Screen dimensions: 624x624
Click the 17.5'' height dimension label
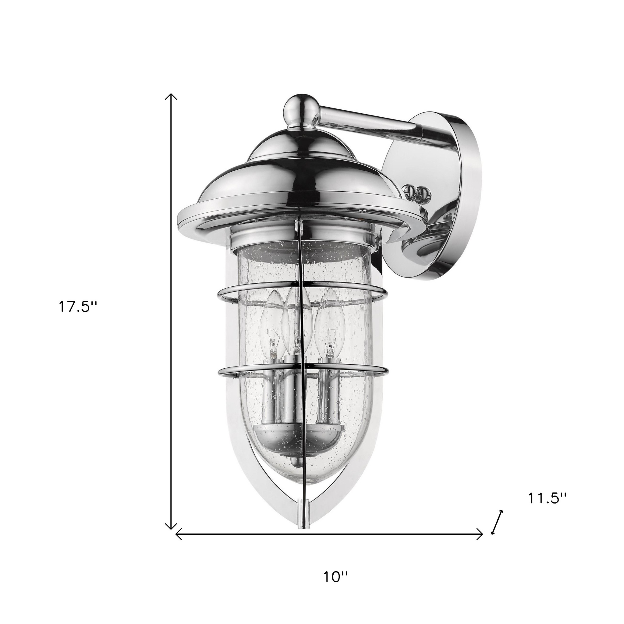pos(77,307)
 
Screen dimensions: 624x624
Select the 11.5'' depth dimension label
pos(547,508)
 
